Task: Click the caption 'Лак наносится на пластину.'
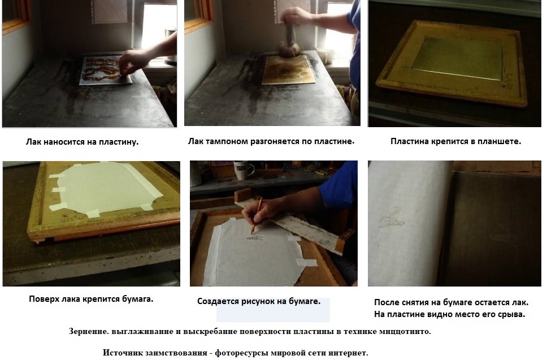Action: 83,142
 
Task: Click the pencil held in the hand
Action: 257,215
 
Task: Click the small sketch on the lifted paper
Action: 390,218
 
